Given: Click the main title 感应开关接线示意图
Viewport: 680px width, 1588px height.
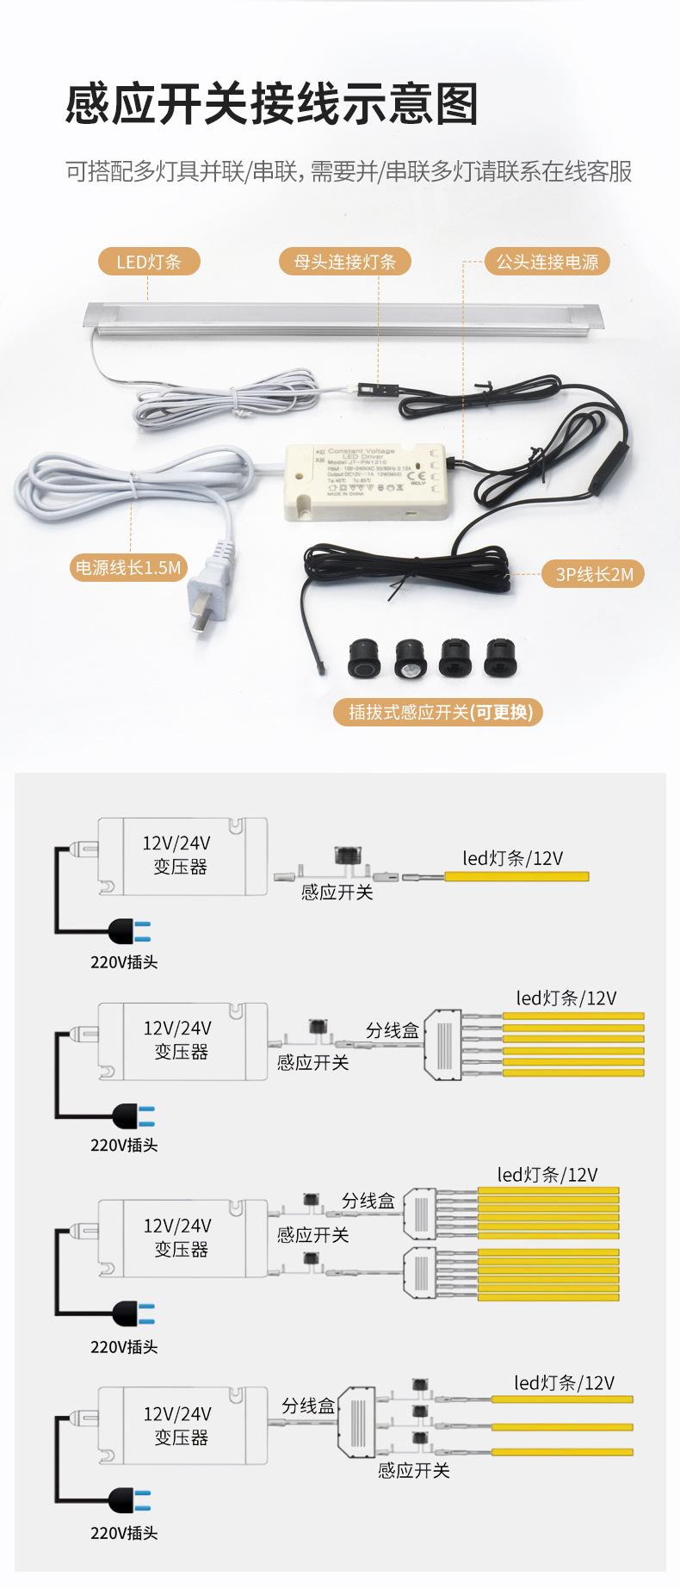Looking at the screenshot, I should [x=271, y=105].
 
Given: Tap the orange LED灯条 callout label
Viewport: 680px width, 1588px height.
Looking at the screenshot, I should [x=148, y=262].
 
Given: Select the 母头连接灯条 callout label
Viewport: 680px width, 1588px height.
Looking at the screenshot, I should [x=344, y=262].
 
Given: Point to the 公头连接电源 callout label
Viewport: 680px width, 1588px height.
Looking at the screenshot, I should [x=547, y=262].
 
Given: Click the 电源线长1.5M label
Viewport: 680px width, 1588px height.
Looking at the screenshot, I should [x=128, y=567].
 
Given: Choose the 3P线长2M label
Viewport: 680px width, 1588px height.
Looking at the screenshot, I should [x=594, y=574].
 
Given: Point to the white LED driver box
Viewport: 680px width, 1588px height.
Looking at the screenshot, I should [x=367, y=481].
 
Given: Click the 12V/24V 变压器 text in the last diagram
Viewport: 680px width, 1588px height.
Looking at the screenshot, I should [x=178, y=1425].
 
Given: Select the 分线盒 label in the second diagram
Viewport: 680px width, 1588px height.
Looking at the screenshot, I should [x=392, y=1030].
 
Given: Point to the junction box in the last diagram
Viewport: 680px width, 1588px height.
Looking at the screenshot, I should [x=355, y=1421].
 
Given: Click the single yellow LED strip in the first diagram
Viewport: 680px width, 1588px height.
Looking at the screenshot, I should [x=516, y=876].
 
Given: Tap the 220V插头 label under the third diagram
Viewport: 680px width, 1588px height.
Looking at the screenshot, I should [x=124, y=1346].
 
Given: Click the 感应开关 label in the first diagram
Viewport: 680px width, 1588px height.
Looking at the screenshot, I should [x=337, y=893].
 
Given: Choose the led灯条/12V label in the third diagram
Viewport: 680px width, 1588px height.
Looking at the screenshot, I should [x=547, y=1175].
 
